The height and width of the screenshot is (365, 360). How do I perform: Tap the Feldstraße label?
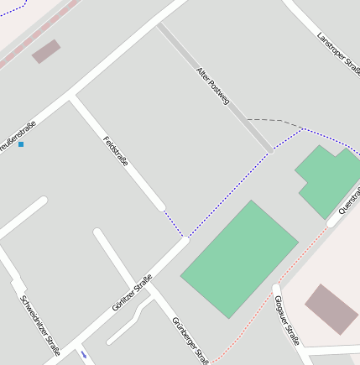point(116,150)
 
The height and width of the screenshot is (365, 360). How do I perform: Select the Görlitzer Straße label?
point(133,293)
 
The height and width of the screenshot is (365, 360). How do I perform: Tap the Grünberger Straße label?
point(190,341)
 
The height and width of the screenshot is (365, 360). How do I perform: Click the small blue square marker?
point(21,144)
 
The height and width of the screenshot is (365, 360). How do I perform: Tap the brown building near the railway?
point(46,51)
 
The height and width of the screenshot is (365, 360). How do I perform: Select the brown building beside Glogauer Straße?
point(331,308)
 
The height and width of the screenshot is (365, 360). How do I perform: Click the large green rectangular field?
point(239,258)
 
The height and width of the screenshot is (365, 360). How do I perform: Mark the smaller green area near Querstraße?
point(330,180)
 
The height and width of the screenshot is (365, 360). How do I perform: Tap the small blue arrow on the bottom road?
point(84,354)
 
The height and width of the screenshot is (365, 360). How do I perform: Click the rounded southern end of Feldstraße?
point(160,206)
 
